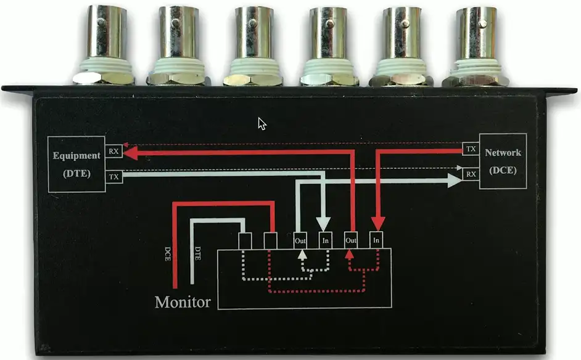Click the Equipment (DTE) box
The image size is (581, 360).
[x=76, y=164]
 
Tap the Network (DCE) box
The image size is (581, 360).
[x=502, y=161]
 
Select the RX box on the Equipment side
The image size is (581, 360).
[x=114, y=151]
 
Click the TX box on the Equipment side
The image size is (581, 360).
[x=114, y=176]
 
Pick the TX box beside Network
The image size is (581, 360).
[x=471, y=149]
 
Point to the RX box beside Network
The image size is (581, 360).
[x=471, y=174]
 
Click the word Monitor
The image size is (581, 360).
[x=183, y=302]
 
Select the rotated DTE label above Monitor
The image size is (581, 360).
[x=197, y=252]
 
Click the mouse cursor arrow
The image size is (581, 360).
[x=262, y=123]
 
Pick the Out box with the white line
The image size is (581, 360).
[x=300, y=240]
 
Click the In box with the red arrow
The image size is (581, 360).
[x=377, y=240]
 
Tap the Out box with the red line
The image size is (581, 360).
[x=351, y=240]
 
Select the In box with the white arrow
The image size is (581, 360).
[x=325, y=240]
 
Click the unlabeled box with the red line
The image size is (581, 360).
[x=270, y=240]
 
